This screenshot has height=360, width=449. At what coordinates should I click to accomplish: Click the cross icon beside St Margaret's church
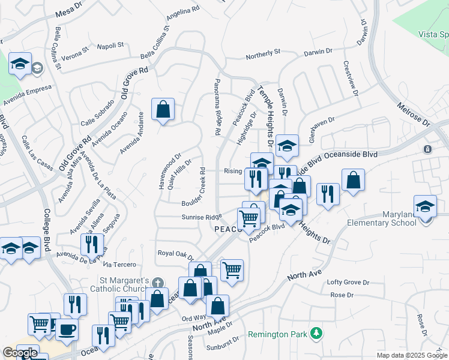point(157,282)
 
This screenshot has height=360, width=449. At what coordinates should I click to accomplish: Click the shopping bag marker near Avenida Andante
point(163,109)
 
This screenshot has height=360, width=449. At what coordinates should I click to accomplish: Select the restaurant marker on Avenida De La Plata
point(91,244)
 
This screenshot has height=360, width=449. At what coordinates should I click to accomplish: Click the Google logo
point(19,352)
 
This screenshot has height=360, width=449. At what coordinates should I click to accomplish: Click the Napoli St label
point(110,45)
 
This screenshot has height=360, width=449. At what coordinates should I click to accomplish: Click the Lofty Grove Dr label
point(348,282)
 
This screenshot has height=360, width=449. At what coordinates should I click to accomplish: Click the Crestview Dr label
point(351,78)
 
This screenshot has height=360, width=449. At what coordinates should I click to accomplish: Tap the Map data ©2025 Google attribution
point(412,355)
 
